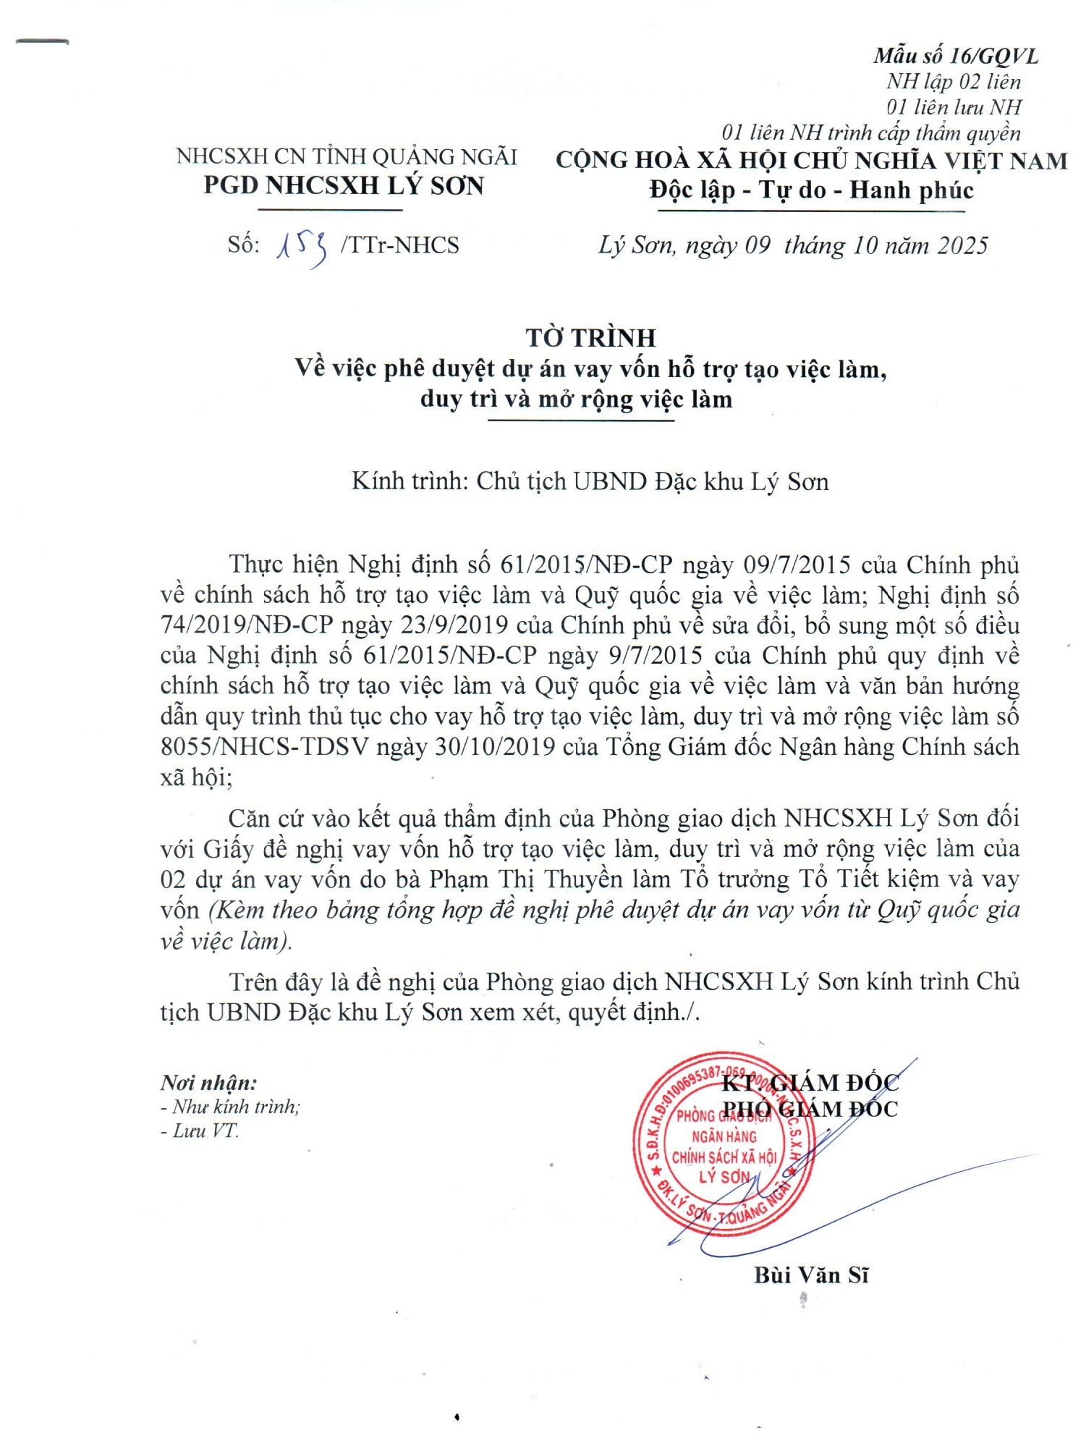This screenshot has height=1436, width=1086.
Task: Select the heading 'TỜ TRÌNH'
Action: point(590,337)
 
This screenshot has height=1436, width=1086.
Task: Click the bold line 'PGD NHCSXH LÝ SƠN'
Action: point(344,186)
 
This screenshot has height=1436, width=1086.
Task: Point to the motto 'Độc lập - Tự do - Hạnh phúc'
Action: point(811,190)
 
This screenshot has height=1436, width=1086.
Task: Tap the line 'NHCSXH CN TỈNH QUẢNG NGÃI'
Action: point(347,156)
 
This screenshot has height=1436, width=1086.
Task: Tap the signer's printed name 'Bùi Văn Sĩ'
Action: point(810,1295)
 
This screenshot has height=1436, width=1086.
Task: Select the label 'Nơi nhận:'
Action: point(208,1083)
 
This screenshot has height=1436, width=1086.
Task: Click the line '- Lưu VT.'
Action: point(200,1131)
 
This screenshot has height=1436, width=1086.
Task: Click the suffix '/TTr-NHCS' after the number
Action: point(399,246)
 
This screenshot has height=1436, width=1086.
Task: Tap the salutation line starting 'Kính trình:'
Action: point(590,481)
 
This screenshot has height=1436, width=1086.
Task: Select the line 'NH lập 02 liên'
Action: point(954,82)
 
